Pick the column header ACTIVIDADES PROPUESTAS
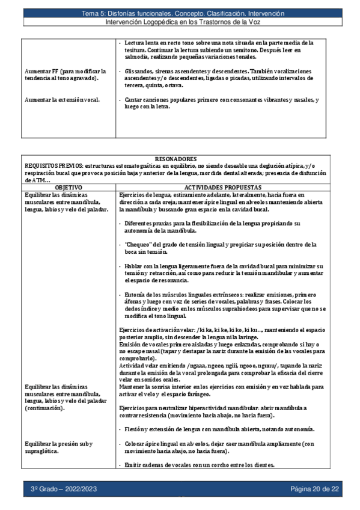pyautogui.click(x=223, y=188)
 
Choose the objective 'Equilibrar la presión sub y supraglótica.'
pyautogui.click(x=58, y=447)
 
